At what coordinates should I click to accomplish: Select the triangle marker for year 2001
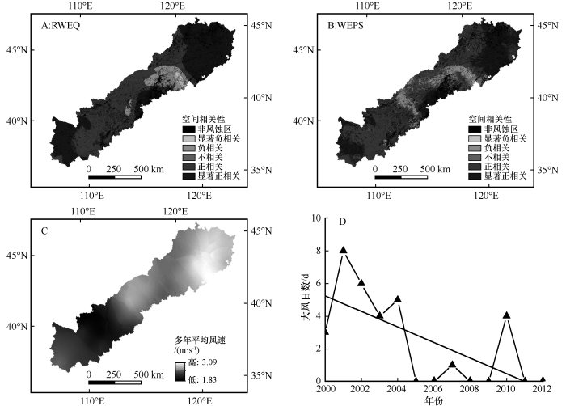tap(344, 251)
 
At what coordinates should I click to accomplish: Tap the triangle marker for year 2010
tap(506, 315)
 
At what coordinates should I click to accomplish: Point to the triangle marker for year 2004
tap(398, 299)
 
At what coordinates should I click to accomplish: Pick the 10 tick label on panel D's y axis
tap(315, 218)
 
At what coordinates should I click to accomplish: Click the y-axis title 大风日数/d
tap(306, 299)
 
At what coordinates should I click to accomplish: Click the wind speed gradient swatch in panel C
tap(180, 370)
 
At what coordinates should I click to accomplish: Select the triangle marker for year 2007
tap(452, 364)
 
